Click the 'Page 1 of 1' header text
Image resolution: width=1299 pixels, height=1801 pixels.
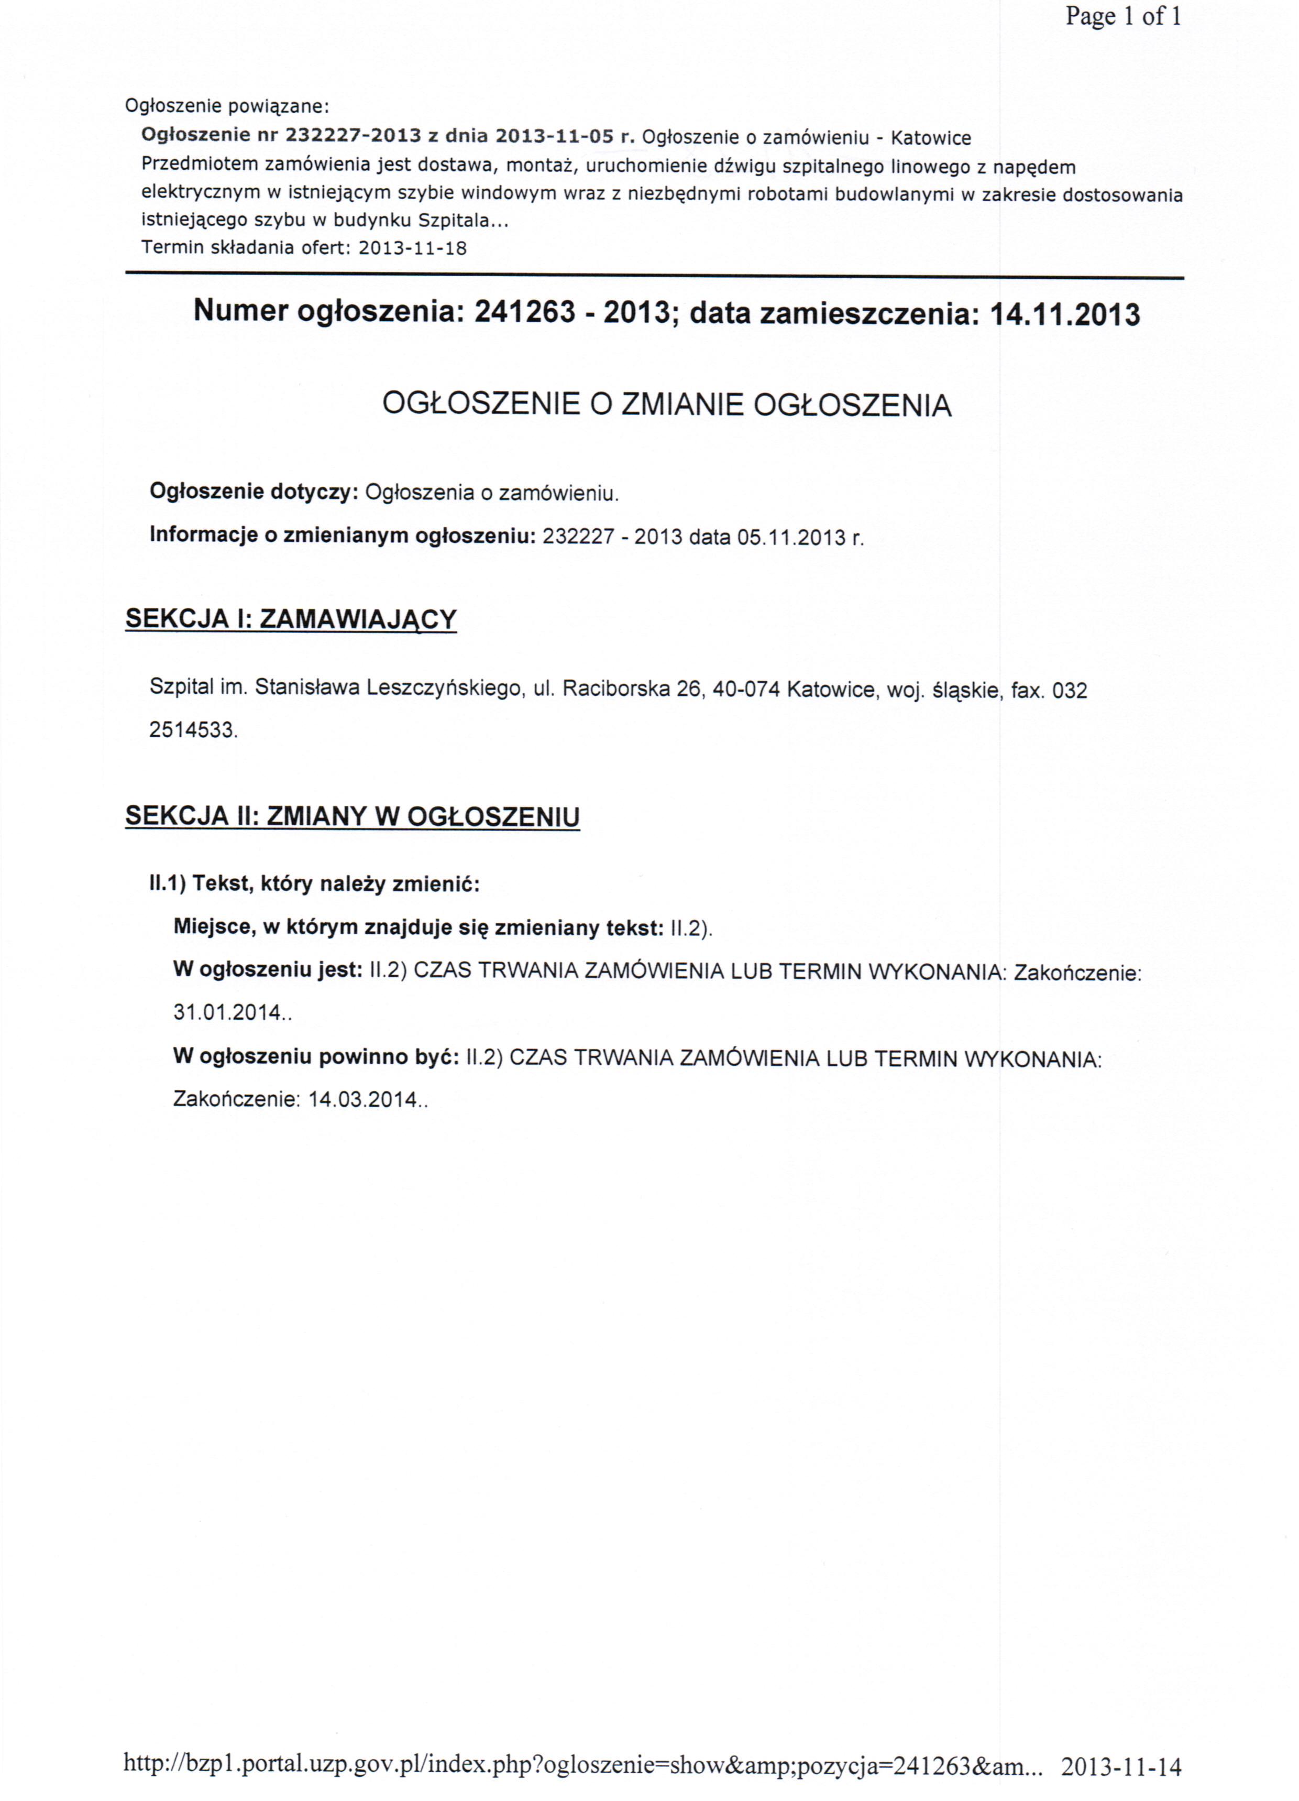(1122, 17)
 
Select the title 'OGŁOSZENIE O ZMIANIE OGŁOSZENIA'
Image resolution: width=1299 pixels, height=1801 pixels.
(666, 405)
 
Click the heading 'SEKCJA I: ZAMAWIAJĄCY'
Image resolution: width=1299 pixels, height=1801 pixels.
(291, 619)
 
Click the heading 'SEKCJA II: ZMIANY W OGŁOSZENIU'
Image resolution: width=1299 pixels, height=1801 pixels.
(353, 816)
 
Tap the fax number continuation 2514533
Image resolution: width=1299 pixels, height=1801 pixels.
(192, 730)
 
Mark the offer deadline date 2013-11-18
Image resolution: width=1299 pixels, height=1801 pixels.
(412, 248)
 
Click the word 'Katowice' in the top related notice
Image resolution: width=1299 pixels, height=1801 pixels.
(931, 138)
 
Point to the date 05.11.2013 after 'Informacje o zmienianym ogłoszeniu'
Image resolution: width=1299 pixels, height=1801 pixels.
(791, 538)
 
